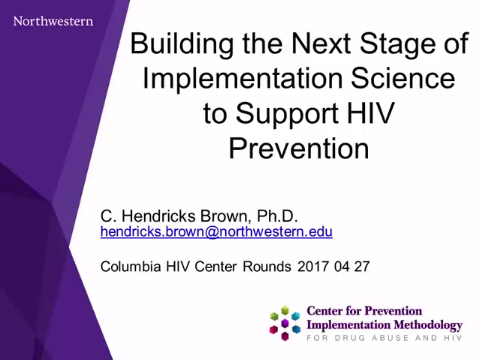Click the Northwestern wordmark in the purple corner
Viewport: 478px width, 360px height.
[x=53, y=21]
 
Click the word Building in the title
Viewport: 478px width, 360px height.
[x=181, y=44]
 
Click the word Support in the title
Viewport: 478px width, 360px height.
[x=287, y=114]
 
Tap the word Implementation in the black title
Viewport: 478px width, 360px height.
[x=243, y=79]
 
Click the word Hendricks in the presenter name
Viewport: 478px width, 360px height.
[x=158, y=216]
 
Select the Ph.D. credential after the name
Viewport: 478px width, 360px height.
[x=277, y=216]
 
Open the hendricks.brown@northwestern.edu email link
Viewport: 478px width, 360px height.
[x=216, y=232]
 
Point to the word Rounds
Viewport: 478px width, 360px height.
[x=267, y=267]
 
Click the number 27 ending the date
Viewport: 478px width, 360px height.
[x=362, y=267]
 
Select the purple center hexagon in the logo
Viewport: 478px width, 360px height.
[x=285, y=323]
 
